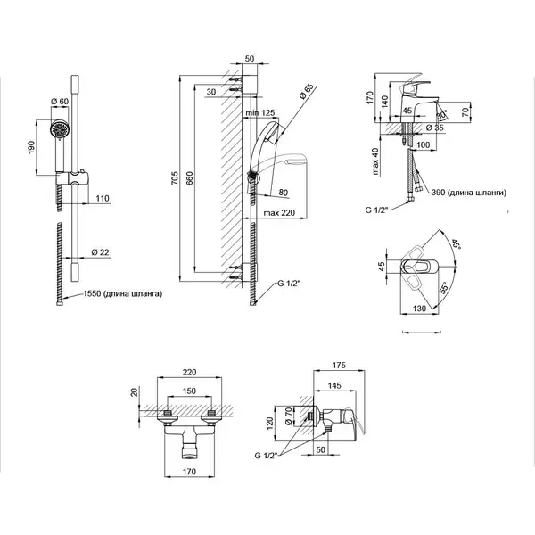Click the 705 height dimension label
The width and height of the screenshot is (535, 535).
coord(175,178)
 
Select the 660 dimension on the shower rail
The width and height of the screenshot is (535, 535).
coord(189,178)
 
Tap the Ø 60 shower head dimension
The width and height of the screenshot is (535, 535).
coord(60,102)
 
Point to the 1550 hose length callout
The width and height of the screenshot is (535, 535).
coord(122,293)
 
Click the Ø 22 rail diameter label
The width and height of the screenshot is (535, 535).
coord(100,252)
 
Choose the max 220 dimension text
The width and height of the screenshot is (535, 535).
coord(279,213)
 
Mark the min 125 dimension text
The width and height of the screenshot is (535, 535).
coord(261,112)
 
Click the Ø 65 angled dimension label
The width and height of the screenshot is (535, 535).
coord(306,91)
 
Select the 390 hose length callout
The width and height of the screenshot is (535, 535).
coord(468,193)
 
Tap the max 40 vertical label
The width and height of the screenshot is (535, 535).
coord(375,161)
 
